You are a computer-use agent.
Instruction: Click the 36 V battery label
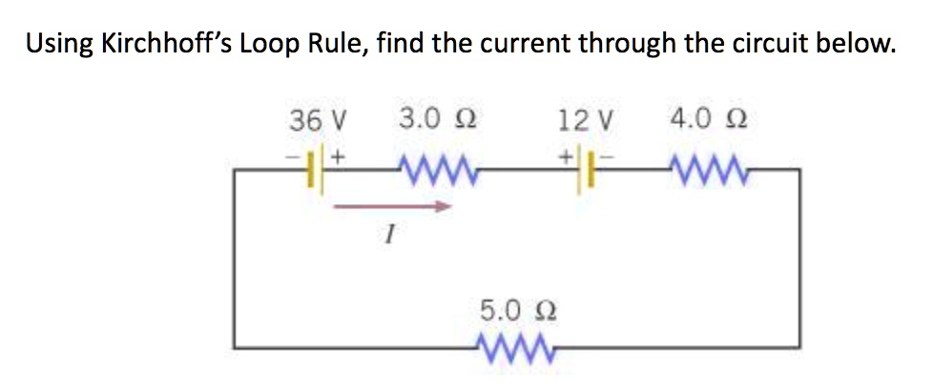click(x=318, y=121)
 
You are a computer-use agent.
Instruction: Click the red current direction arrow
click(x=390, y=204)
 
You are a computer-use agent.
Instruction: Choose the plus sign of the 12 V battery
click(x=566, y=154)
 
